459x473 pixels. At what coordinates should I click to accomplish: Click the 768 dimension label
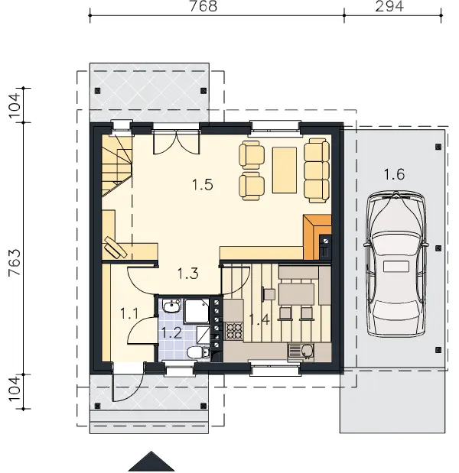click(x=203, y=6)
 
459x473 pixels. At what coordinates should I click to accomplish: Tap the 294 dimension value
click(x=389, y=6)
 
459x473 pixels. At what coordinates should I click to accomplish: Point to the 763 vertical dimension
click(x=15, y=262)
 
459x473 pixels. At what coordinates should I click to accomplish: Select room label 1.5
click(x=203, y=184)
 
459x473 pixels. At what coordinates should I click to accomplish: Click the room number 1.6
click(x=394, y=174)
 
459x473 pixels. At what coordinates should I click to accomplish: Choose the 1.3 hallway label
click(x=188, y=274)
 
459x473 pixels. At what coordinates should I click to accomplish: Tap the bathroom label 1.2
click(x=172, y=332)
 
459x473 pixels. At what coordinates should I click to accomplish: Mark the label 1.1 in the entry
click(x=129, y=313)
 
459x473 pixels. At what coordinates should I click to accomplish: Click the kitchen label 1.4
click(x=259, y=319)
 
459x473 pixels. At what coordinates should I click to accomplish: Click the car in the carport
click(x=396, y=264)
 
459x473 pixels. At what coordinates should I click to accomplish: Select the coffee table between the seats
click(x=284, y=170)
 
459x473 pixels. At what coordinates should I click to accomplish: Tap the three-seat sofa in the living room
click(x=317, y=170)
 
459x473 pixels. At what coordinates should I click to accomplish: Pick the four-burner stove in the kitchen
click(x=234, y=331)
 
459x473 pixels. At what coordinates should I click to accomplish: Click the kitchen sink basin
click(x=301, y=352)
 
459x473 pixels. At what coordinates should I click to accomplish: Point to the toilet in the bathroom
click(x=197, y=352)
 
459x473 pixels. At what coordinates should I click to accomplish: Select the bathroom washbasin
click(x=171, y=306)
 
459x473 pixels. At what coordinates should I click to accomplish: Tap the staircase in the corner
click(x=117, y=166)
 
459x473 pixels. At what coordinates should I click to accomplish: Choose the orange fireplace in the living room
click(x=317, y=237)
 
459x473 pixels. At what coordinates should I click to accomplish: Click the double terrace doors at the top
click(x=177, y=142)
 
